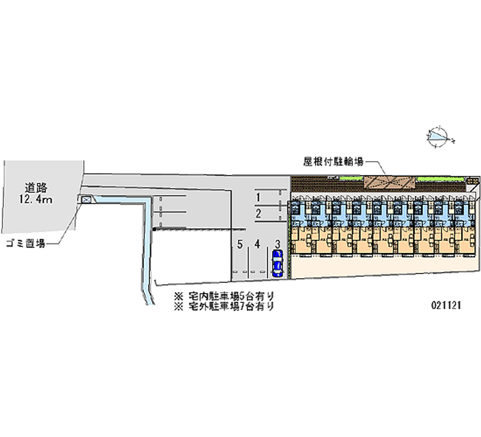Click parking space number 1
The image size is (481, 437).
(257, 197)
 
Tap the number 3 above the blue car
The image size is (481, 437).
(277, 244)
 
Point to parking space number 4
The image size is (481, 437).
(257, 244)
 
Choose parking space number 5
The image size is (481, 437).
(239, 244)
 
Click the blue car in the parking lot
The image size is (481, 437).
(277, 263)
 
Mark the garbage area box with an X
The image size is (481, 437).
(85, 200)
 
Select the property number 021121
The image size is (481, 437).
(446, 305)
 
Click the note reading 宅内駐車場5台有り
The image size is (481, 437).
(231, 296)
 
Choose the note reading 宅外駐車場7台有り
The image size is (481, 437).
(231, 307)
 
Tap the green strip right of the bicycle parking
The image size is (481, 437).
(438, 179)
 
